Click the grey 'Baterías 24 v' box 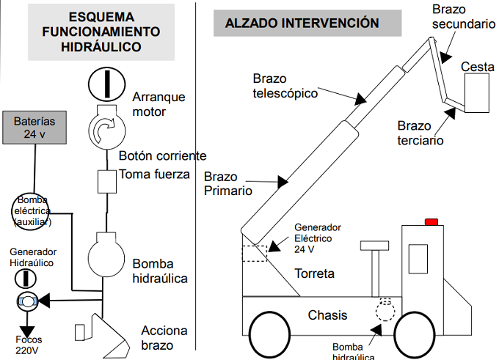34,127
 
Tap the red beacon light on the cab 431,221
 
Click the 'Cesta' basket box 476,92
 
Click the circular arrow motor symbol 107,131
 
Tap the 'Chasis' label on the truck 327,316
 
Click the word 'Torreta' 314,273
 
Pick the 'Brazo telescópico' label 285,86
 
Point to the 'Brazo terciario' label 420,133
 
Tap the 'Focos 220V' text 30,345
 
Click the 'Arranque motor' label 159,104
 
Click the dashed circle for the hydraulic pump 384,309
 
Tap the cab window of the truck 418,260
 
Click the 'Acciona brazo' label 165,337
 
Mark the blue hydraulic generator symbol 26,301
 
